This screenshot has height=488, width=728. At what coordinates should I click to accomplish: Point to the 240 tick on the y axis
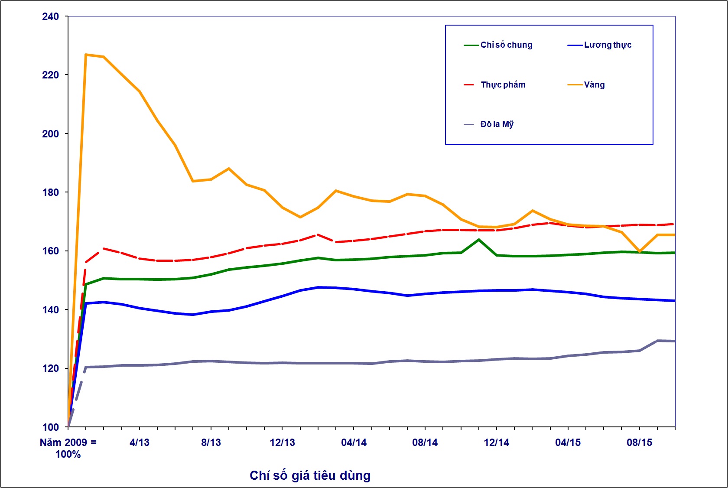tap(50, 16)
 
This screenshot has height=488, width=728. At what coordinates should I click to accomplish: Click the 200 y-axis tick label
tap(50, 134)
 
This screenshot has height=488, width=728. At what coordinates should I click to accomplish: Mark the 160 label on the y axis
tap(50, 251)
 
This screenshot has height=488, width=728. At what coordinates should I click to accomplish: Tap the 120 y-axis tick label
tap(50, 368)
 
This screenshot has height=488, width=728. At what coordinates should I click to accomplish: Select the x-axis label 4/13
tap(140, 442)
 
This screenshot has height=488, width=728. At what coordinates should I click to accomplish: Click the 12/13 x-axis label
tap(283, 442)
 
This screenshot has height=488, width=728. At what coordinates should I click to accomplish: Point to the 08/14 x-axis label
tap(425, 442)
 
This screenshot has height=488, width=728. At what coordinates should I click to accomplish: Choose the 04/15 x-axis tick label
tap(568, 442)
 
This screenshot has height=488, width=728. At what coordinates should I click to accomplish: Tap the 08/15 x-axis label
tap(640, 442)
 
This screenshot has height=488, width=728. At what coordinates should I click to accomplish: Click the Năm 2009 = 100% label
tap(68, 448)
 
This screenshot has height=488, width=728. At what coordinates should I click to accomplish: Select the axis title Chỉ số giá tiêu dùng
tap(310, 475)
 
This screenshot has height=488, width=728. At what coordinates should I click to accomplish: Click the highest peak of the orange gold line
tap(86, 55)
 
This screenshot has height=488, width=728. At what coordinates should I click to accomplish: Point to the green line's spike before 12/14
tap(479, 239)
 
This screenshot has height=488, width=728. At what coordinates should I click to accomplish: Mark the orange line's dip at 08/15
tap(640, 251)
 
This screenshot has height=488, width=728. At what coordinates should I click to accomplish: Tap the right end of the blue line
tap(675, 301)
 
